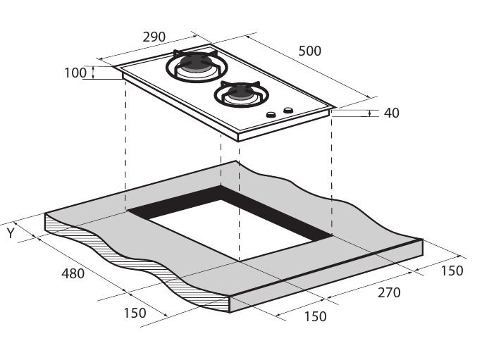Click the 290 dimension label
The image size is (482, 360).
(154, 37)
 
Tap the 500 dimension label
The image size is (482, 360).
(309, 51)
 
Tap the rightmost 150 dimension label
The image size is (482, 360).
(452, 270)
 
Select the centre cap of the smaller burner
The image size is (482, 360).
(240, 92)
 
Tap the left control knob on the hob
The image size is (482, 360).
(270, 115)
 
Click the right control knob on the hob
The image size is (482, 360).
(288, 110)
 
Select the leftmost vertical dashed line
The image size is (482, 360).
(125, 141)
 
